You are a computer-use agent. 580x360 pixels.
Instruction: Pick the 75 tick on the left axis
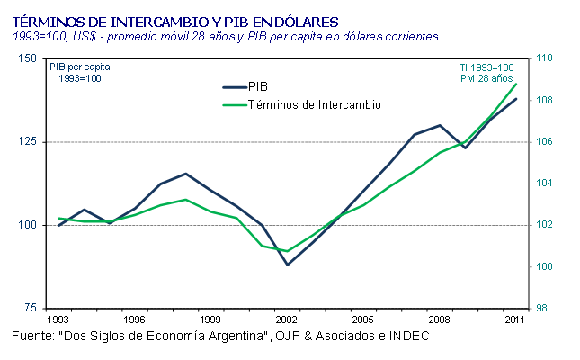click(31, 309)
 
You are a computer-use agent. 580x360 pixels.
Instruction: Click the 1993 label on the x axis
click(58, 319)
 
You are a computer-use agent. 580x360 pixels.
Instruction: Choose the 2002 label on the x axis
click(288, 319)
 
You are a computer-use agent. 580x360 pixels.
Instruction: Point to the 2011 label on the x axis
click(515, 319)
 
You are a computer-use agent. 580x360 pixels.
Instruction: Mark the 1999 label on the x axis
click(211, 319)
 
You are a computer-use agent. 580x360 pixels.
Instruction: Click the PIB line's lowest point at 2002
click(288, 265)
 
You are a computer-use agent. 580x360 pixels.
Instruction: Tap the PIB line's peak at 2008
click(440, 125)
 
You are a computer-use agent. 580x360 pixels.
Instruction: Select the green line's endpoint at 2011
click(516, 84)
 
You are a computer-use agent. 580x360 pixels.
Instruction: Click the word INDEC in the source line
click(409, 336)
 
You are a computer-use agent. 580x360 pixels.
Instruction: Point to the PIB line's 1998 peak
click(185, 174)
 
